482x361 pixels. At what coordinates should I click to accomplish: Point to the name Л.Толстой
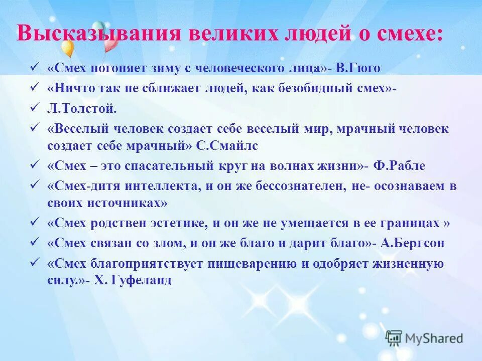click(82, 108)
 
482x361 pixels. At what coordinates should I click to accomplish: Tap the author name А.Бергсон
click(412, 243)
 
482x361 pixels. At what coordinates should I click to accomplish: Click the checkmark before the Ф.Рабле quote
click(35, 165)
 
